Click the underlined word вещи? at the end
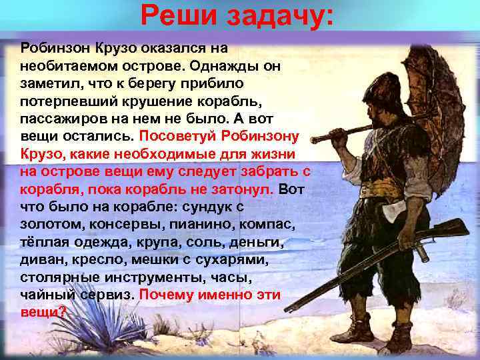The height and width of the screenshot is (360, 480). [44, 311]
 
